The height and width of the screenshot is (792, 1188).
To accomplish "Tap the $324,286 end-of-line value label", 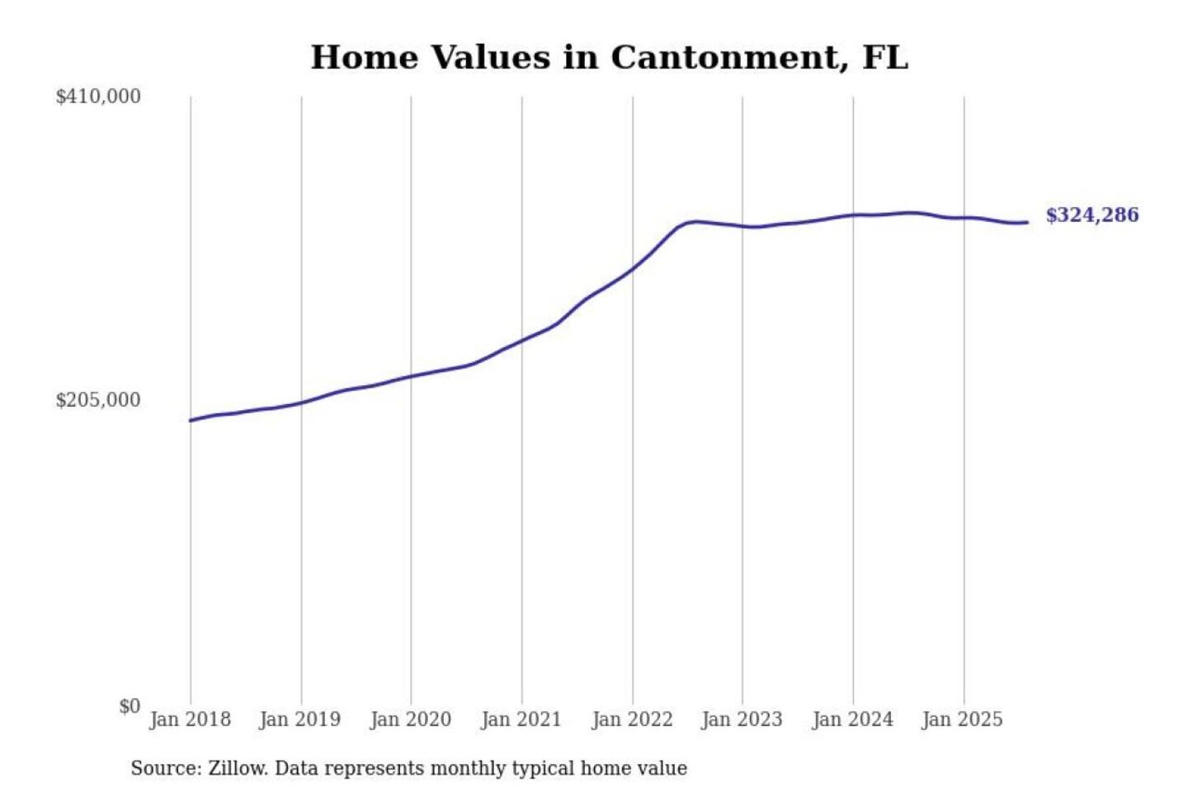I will pos(1091,215).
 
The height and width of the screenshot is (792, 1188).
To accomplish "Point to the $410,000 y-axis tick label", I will pos(98,97).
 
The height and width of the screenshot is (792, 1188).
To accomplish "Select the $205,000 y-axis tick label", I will pos(98,400).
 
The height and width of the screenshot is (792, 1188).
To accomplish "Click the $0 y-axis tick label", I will pos(130,706).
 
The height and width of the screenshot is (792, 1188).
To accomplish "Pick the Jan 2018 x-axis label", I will pos(190,719).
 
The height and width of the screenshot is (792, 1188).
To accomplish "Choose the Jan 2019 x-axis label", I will pos(299,719).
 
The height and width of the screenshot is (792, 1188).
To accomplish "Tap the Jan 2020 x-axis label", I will pos(410,719).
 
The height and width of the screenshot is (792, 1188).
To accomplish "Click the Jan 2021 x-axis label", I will pos(521,719).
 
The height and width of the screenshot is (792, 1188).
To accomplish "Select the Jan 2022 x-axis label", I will pos(632,719).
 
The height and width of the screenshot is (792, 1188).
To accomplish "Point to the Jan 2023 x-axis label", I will pos(742,719).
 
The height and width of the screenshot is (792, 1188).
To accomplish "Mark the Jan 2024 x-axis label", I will pos(852,719).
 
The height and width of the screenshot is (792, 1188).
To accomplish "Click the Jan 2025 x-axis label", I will pos(962,719).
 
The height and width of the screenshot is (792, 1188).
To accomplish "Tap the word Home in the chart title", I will pos(364,58).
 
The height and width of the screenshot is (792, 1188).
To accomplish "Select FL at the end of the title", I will pos(885,58).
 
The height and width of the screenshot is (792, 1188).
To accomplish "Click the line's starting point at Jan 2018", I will pos(191,421).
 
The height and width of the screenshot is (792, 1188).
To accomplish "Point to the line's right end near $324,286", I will pos(1027,222).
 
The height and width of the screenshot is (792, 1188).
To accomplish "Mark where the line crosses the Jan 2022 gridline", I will pos(633,268).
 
